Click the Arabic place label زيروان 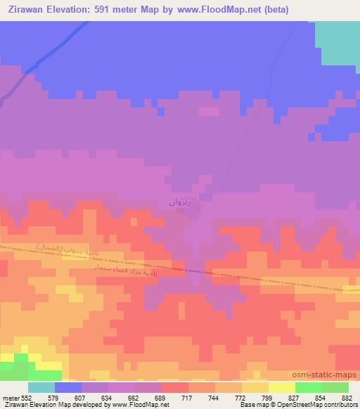(180, 202)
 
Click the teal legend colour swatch (41, 387)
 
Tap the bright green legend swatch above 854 (309, 387)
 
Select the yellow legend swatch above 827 (282, 387)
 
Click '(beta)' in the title (274, 9)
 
